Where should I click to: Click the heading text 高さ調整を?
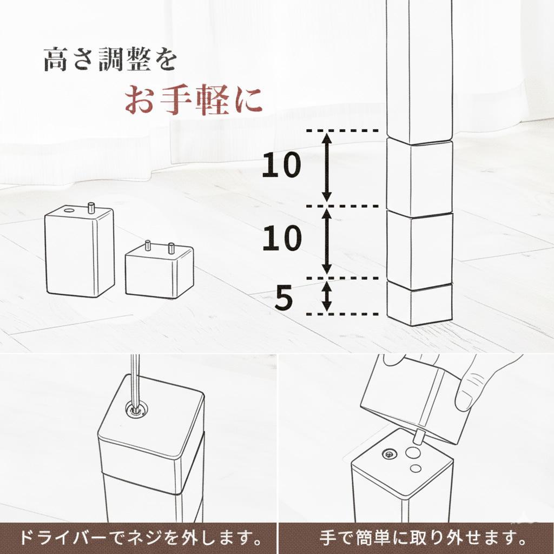point(110,60)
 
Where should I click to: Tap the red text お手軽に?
point(194,100)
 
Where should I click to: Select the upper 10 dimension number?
point(281,166)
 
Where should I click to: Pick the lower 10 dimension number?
point(281,239)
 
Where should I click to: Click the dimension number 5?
point(283,299)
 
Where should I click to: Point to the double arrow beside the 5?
point(326,296)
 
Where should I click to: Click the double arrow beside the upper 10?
point(326,168)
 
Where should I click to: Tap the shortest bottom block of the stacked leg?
point(420,304)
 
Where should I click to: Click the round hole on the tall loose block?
point(69,209)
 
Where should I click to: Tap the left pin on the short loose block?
point(147,246)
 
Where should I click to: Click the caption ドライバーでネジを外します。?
point(138,538)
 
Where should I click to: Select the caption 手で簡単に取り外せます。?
point(416,538)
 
